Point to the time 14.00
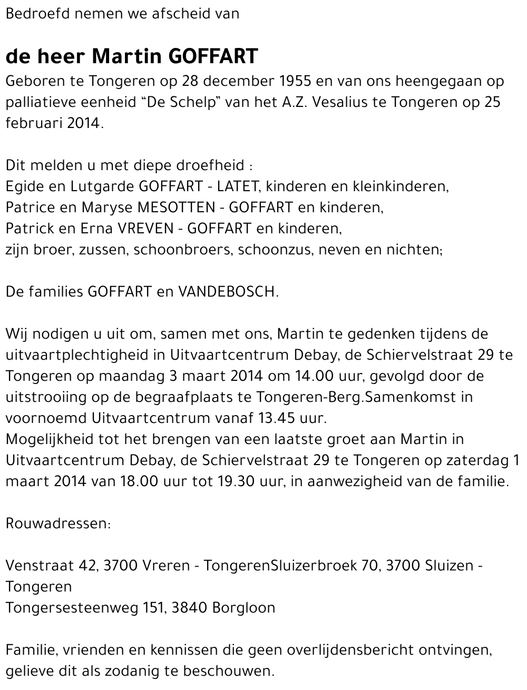click(312, 376)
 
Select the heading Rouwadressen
click(58, 524)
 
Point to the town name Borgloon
click(243, 608)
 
